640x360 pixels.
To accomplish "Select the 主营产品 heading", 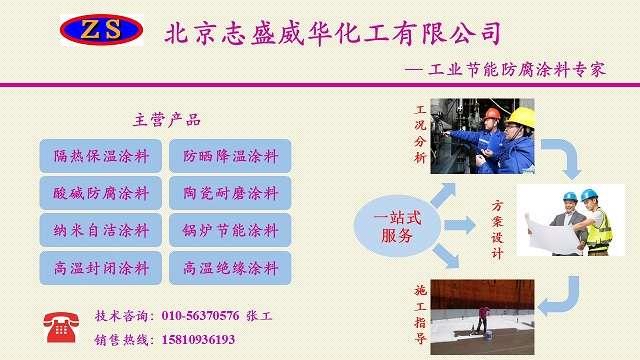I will click(167, 120).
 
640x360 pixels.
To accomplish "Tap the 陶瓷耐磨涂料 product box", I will click(231, 192).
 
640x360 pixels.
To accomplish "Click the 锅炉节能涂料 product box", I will click(231, 229).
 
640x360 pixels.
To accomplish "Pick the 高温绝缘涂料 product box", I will click(231, 267).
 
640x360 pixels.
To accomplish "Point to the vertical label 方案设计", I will click(497, 230).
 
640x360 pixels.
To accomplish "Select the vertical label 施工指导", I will click(420, 313).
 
